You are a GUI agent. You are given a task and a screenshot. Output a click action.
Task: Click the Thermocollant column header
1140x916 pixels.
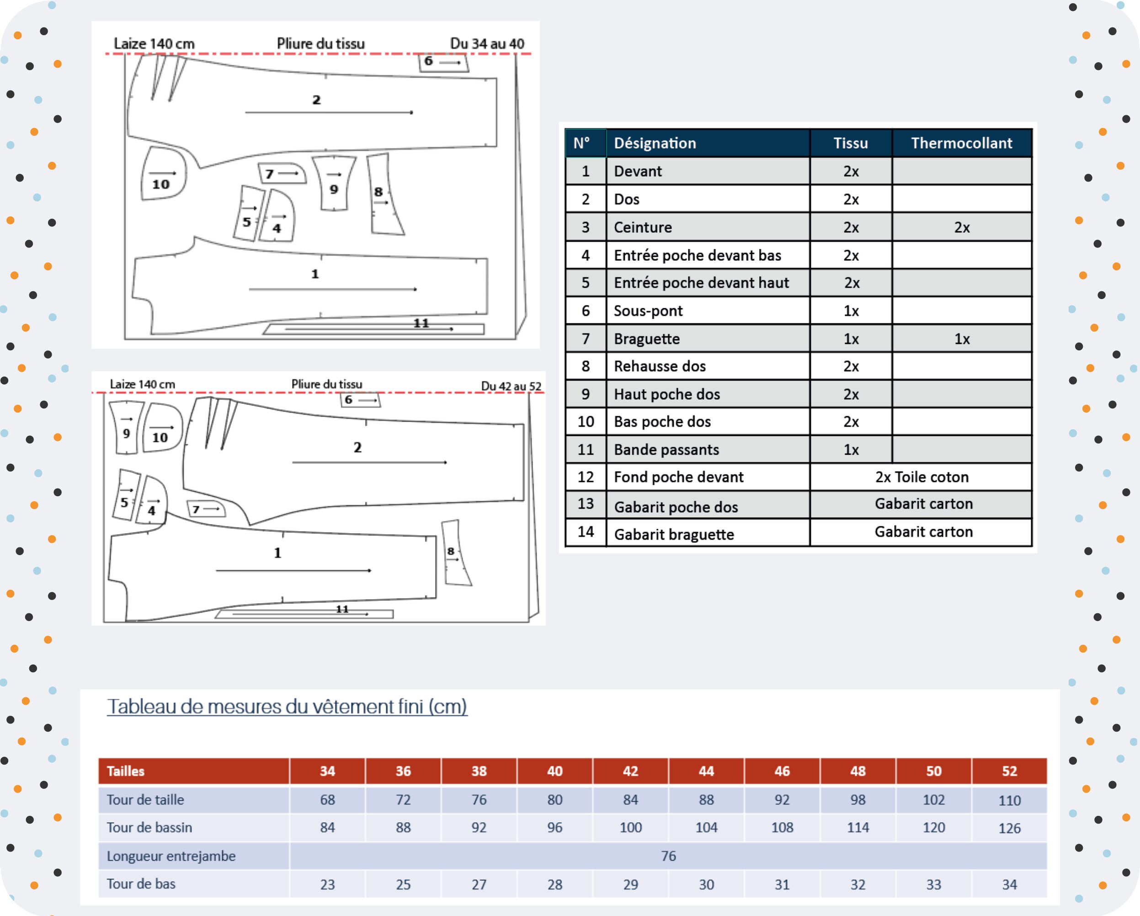pyautogui.click(x=961, y=143)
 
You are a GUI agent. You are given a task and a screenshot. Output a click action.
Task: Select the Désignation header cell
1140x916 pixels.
pyautogui.click(x=708, y=143)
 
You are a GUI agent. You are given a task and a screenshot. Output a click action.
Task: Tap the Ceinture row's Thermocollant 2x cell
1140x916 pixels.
pyautogui.click(x=961, y=227)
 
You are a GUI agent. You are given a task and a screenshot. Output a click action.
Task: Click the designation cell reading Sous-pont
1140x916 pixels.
pyautogui.click(x=708, y=311)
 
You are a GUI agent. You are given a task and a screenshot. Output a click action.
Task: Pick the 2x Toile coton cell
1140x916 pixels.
pyautogui.click(x=921, y=477)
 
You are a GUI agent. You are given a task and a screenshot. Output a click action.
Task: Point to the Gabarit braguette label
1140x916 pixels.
pyautogui.click(x=674, y=534)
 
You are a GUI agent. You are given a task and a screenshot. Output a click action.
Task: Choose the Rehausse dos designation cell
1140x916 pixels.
pyautogui.click(x=708, y=366)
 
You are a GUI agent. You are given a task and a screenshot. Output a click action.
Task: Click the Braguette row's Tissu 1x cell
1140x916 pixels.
pyautogui.click(x=851, y=338)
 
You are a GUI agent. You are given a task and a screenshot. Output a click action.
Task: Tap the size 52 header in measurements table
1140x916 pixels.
pyautogui.click(x=1009, y=771)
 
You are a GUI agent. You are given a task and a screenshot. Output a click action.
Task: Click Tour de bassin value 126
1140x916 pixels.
pyautogui.click(x=1009, y=828)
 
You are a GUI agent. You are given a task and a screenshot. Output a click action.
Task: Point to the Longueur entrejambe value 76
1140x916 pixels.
pyautogui.click(x=668, y=856)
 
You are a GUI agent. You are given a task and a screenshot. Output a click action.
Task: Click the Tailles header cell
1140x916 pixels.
pyautogui.click(x=193, y=771)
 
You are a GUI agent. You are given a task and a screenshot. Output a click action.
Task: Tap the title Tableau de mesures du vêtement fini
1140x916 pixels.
pyautogui.click(x=287, y=707)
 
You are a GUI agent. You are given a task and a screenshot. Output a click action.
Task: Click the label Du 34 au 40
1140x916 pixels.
pyautogui.click(x=487, y=43)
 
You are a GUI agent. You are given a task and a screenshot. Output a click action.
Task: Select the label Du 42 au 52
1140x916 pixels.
pyautogui.click(x=511, y=386)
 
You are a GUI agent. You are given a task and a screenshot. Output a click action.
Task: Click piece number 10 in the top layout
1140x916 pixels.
pyautogui.click(x=161, y=184)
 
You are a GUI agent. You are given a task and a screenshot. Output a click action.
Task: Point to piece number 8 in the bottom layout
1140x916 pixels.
pyautogui.click(x=451, y=551)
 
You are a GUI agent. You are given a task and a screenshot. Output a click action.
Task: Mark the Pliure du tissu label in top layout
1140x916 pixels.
pyautogui.click(x=321, y=43)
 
